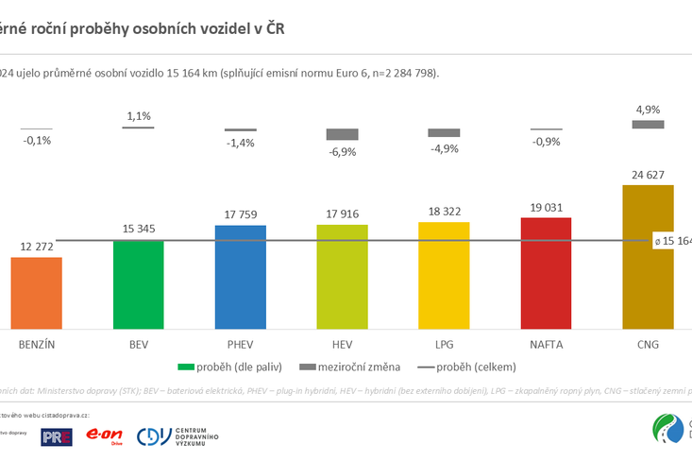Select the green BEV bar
[x=138, y=283]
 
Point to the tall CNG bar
[x=648, y=256]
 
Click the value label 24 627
[x=648, y=174]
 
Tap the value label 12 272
[x=36, y=247]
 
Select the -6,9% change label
[x=342, y=151]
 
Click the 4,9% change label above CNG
[x=648, y=109]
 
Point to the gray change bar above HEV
[x=342, y=134]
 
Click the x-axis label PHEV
[x=240, y=344]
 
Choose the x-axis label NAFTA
[x=546, y=344]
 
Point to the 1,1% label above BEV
[x=138, y=116]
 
